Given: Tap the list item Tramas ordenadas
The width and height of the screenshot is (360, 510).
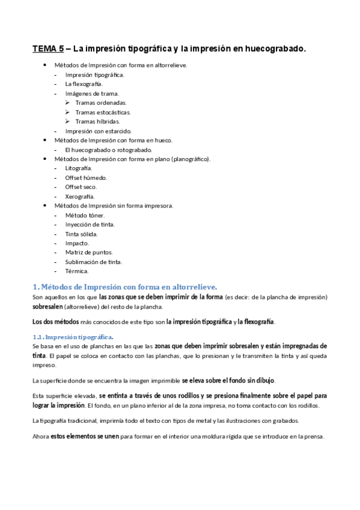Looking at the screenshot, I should pyautogui.click(x=101, y=103).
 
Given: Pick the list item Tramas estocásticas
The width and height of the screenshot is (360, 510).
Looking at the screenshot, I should pyautogui.click(x=103, y=112).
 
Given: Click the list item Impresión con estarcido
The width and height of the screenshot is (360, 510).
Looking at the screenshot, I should pyautogui.click(x=98, y=131).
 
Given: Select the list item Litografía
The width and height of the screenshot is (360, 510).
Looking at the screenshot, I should pyautogui.click(x=78, y=168).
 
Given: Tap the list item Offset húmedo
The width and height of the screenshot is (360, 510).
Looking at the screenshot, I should pyautogui.click(x=86, y=177).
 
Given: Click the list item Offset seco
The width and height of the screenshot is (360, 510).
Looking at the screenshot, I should pyautogui.click(x=81, y=187).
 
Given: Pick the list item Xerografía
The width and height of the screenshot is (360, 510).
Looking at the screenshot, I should pyautogui.click(x=80, y=196).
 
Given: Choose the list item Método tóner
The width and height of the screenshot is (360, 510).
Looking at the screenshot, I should pyautogui.click(x=85, y=215).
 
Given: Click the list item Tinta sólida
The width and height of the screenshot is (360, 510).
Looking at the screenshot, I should pyautogui.click(x=81, y=233).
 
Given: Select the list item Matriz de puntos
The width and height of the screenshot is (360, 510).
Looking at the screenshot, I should pyautogui.click(x=89, y=252).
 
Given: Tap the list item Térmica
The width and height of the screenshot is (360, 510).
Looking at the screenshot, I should pyautogui.click(x=76, y=271).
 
